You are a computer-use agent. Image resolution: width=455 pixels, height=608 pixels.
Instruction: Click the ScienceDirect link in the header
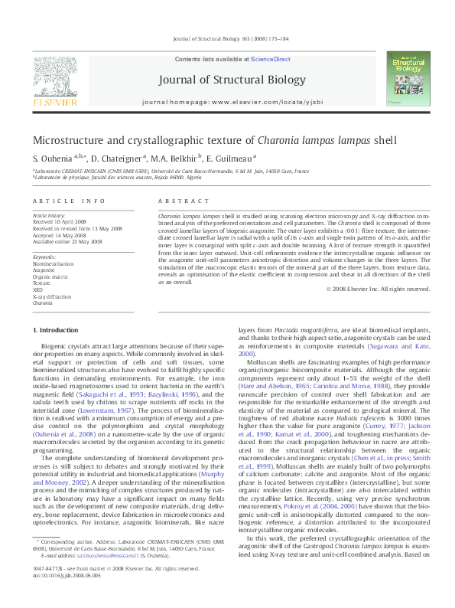pos(271,59)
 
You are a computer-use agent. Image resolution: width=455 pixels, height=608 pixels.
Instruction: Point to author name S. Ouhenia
pos(54,158)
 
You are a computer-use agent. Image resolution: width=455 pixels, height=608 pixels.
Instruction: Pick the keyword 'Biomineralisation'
pos(54,264)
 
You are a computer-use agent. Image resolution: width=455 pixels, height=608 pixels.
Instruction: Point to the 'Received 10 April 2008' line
pos(61,222)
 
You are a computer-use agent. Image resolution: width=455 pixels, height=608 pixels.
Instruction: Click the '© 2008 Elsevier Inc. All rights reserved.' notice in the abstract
pos(377,289)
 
